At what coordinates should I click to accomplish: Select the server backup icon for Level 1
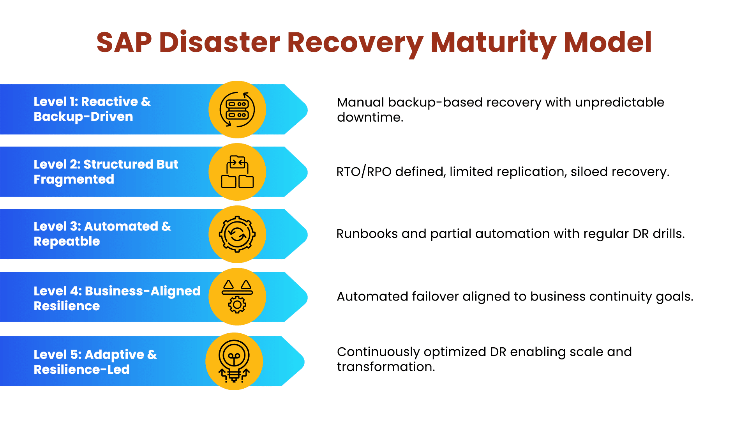point(237,110)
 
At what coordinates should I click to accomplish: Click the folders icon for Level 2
point(237,172)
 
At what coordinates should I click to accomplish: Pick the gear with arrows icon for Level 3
point(237,234)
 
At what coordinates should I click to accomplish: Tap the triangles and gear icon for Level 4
point(237,297)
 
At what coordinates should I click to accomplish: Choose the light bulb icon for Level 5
point(234,361)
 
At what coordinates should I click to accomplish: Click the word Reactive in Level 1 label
point(109,101)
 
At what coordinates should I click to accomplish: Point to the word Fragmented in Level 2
point(74,179)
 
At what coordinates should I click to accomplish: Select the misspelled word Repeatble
point(67,241)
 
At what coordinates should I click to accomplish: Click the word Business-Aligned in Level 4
point(143,291)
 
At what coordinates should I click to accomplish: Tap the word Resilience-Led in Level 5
point(82,370)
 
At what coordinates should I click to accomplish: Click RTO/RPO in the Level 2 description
point(364,172)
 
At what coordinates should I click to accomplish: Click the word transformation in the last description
point(386,367)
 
